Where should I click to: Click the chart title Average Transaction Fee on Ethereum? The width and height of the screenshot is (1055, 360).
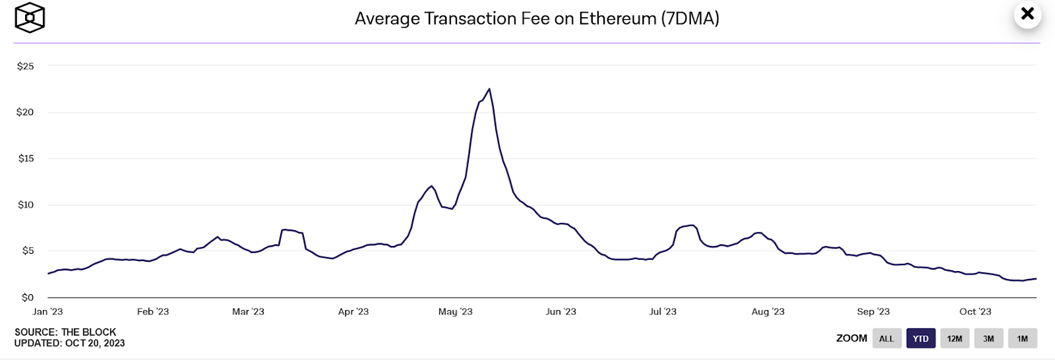pyautogui.click(x=537, y=18)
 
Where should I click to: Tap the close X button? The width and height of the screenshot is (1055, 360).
pyautogui.click(x=1027, y=14)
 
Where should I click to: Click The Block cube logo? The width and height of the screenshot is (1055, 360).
pyautogui.click(x=30, y=18)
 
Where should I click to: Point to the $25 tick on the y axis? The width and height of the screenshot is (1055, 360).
pyautogui.click(x=26, y=66)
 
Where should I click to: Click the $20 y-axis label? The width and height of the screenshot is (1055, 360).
pyautogui.click(x=25, y=112)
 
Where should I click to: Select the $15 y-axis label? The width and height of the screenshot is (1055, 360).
pyautogui.click(x=26, y=158)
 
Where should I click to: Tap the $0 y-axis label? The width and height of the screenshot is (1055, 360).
pyautogui.click(x=28, y=297)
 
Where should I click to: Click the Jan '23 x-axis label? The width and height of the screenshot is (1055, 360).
pyautogui.click(x=47, y=311)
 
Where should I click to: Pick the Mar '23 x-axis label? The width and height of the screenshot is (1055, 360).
pyautogui.click(x=248, y=311)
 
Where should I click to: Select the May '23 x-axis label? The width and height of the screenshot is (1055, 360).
pyautogui.click(x=455, y=311)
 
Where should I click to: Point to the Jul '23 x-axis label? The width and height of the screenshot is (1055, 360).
pyautogui.click(x=663, y=311)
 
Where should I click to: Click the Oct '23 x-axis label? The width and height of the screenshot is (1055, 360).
pyautogui.click(x=975, y=311)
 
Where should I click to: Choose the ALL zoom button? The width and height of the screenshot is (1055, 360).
pyautogui.click(x=886, y=338)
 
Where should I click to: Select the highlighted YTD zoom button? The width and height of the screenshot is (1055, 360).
pyautogui.click(x=920, y=338)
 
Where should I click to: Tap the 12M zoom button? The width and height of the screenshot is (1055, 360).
pyautogui.click(x=954, y=338)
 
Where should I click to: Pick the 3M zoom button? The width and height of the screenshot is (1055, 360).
pyautogui.click(x=988, y=338)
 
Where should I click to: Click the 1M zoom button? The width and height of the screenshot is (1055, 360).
pyautogui.click(x=1022, y=338)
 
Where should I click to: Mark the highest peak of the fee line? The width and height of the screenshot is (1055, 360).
pyautogui.click(x=489, y=89)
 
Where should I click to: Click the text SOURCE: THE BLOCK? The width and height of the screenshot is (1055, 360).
pyautogui.click(x=65, y=332)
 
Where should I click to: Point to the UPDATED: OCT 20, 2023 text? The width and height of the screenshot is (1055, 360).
pyautogui.click(x=69, y=343)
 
